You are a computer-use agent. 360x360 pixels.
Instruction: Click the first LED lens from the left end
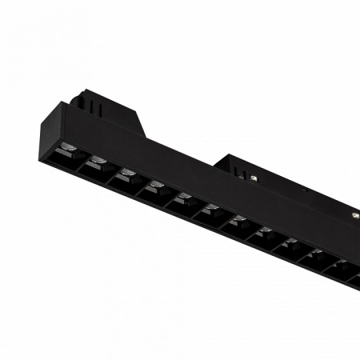click(70, 147)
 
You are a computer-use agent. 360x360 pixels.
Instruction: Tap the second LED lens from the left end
click(98, 160)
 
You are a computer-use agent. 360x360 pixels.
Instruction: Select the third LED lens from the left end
click(127, 173)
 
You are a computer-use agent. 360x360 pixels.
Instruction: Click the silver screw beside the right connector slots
click(254, 177)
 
